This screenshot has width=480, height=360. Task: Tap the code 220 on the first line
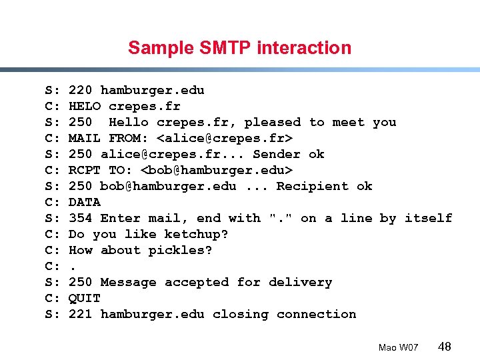[81, 90]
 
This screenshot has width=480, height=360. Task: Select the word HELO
[85, 106]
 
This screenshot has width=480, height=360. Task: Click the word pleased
[273, 122]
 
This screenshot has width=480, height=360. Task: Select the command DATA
[85, 202]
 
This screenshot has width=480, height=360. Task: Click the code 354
[81, 218]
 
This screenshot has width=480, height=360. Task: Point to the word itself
[428, 218]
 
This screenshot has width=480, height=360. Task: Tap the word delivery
[301, 282]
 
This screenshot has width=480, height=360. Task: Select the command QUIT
[85, 298]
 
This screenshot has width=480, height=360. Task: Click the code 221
[81, 314]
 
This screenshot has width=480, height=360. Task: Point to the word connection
[317, 314]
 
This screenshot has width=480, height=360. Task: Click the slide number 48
[445, 347]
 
